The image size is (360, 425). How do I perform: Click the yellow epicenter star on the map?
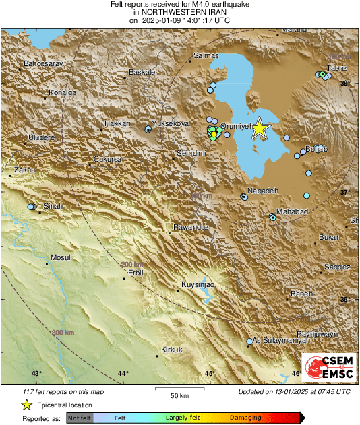260,130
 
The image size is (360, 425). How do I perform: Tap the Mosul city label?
61,257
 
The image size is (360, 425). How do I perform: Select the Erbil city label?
136,274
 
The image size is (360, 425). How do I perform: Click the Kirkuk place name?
173,349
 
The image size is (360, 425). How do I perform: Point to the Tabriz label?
336,69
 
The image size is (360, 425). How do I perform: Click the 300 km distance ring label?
63,333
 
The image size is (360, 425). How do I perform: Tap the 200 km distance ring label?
131,264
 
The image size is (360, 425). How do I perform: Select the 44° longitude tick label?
123,373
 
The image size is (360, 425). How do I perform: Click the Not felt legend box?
80,418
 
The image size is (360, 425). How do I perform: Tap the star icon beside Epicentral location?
26,405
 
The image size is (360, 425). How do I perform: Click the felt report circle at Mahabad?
272,217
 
